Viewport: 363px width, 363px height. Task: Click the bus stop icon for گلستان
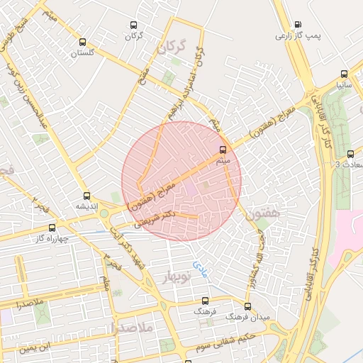[x=83, y=42]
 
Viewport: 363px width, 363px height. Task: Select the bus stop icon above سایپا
[x=344, y=73]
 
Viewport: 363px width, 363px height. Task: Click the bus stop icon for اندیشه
[x=87, y=196]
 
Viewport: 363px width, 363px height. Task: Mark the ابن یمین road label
[x=35, y=347]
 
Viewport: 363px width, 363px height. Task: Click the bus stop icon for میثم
[x=224, y=150]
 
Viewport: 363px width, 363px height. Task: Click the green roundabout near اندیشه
[x=104, y=213]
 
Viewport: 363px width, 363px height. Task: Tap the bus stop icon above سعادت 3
[x=350, y=154]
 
